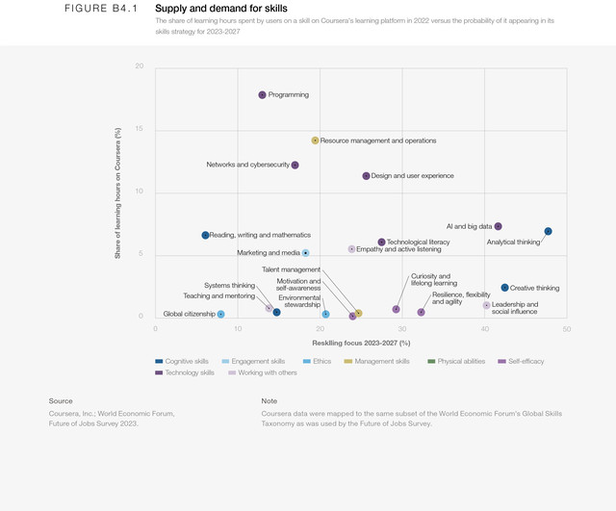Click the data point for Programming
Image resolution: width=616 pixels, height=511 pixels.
pos(262,94)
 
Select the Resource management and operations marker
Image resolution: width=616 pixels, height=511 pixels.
pos(315,141)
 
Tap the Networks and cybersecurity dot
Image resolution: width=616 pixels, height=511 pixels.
pos(295,165)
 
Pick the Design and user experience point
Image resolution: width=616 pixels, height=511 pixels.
pos(366,176)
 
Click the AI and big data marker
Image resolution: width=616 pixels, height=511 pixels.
pos(498,226)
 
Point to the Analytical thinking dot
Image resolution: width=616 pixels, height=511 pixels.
pos(548,231)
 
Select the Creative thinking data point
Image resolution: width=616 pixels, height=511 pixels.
pos(504,288)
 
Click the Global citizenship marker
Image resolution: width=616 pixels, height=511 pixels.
pos(220,314)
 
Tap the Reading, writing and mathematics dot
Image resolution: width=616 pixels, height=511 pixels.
pos(205,235)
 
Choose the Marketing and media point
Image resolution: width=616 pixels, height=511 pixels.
pos(305,253)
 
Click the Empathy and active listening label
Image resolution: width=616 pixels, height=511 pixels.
pos(398,249)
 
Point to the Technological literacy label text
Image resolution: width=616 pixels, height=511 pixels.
pos(419,242)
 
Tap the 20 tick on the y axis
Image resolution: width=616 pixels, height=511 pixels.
pos(140,66)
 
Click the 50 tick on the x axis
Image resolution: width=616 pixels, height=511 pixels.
pos(566,329)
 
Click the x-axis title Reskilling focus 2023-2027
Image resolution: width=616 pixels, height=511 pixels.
pos(361,343)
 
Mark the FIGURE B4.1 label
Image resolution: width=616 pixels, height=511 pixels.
pos(101,9)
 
